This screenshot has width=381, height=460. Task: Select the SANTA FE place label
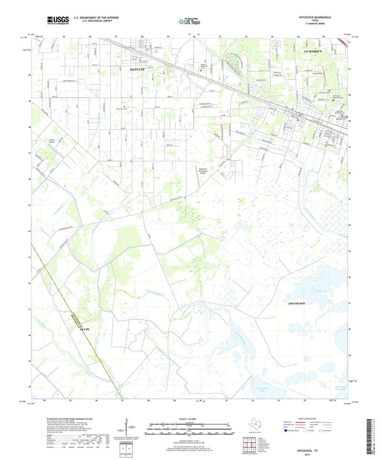138,70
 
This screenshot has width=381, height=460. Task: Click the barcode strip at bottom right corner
375,437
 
